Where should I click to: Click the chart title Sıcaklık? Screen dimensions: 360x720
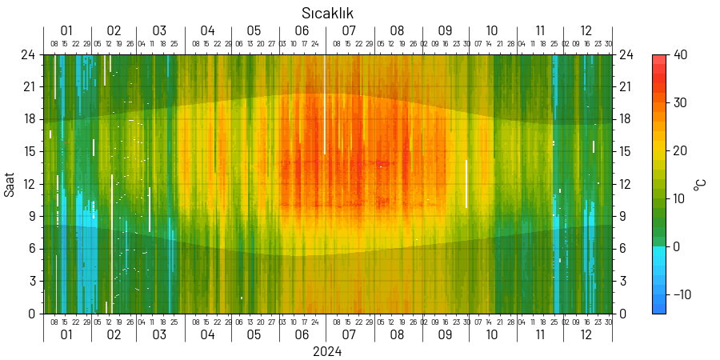coord(327,14)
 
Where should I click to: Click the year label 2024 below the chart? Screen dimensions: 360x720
coord(327,352)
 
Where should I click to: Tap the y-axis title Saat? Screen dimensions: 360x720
coord(10,184)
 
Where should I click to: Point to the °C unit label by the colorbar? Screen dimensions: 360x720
coord(700,184)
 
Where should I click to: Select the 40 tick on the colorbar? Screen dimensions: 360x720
coord(681,54)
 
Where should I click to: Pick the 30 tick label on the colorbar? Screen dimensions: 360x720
coord(681,102)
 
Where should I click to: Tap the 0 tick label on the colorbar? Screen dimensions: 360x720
coord(676,246)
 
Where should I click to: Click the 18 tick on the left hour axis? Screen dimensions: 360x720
coord(29,119)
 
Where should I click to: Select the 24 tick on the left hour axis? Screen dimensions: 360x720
coord(29,54)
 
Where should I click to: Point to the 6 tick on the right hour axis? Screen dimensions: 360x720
coord(622,249)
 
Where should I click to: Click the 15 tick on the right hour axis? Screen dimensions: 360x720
coord(626,151)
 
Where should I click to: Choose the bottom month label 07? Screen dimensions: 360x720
coord(350,335)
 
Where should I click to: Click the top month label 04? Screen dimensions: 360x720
coord(208,30)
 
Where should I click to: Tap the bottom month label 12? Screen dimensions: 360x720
coord(586,335)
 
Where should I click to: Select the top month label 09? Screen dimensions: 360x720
coord(445,30)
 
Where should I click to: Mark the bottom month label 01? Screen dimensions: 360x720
coord(66,335)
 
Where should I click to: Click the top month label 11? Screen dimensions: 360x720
coord(541,30)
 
